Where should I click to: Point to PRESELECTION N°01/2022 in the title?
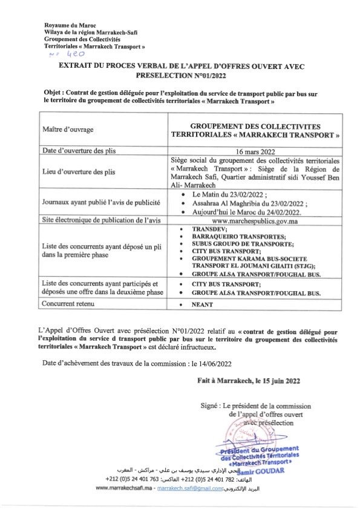180,77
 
